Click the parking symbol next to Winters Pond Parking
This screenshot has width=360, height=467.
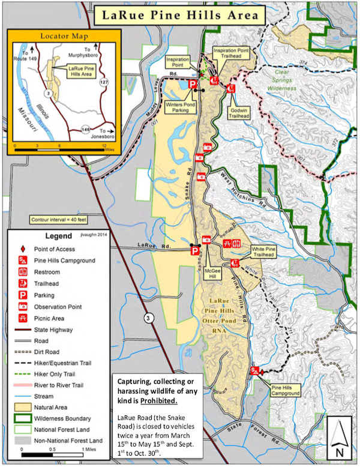point(193,85)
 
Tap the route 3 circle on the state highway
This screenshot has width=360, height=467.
point(149,319)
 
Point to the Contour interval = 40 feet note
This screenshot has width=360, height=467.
point(58,220)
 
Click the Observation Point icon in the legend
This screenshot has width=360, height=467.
point(23,306)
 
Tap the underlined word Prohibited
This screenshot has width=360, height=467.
point(151,400)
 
